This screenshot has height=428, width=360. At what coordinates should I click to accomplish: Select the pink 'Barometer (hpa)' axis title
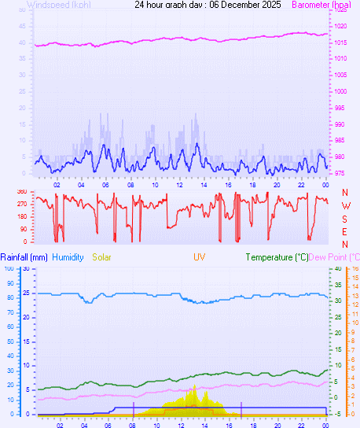(322, 5)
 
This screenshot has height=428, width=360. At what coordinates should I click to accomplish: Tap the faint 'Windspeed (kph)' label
(59, 5)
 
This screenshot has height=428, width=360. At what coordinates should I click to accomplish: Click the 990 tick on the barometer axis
(340, 124)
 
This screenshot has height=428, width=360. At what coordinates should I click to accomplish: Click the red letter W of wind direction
(345, 205)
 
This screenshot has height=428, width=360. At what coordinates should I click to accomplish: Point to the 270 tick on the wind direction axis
(21, 204)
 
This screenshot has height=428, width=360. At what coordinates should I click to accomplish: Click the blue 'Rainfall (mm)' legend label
(24, 257)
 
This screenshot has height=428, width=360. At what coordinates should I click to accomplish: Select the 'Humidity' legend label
(67, 257)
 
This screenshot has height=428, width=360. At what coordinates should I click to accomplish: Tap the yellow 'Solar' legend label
(102, 257)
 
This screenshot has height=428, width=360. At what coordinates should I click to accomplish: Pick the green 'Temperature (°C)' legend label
(277, 257)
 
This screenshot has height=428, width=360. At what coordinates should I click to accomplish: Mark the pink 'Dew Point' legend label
(333, 257)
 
